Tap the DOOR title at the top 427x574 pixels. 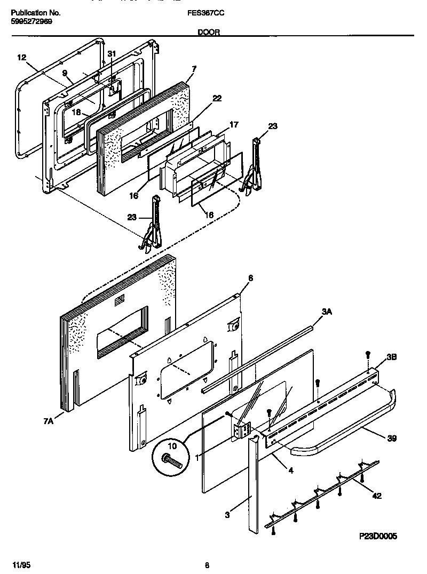208,32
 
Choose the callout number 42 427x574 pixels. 376,496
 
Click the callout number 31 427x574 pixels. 111,54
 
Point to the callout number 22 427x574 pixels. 216,98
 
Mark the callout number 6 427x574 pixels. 250,278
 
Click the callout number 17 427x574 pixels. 233,125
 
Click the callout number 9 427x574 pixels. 65,73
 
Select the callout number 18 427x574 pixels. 76,113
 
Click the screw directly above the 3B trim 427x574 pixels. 367,354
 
